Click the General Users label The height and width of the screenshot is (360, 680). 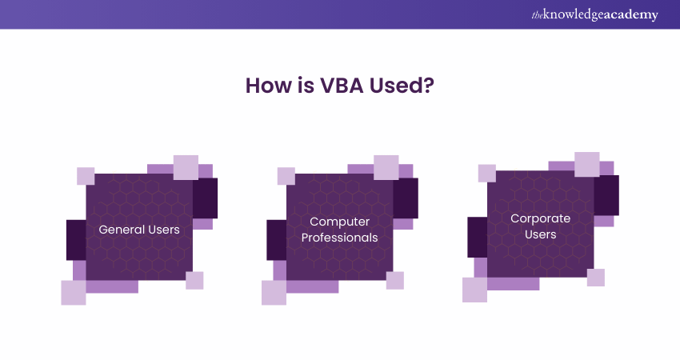coord(139,230)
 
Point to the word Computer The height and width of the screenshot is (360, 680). coord(339,221)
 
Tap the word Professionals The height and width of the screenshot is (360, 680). coord(339,238)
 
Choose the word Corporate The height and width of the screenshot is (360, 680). coord(540,218)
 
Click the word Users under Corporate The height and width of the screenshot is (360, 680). coord(540,234)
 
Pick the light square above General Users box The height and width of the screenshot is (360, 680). coord(186,167)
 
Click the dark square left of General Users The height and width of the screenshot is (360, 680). coord(76,239)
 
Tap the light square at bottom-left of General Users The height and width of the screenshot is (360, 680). coord(74,293)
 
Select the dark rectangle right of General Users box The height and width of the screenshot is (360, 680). coord(206,198)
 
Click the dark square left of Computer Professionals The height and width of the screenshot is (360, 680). coord(277,239)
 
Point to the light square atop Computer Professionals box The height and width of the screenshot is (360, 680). coord(386,167)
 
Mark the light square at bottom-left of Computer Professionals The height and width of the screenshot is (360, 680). coord(274,293)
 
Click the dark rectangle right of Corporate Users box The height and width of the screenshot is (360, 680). coord(606,195)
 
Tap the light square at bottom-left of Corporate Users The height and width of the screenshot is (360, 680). coord(474,290)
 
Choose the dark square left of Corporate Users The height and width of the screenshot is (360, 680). coord(478,237)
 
